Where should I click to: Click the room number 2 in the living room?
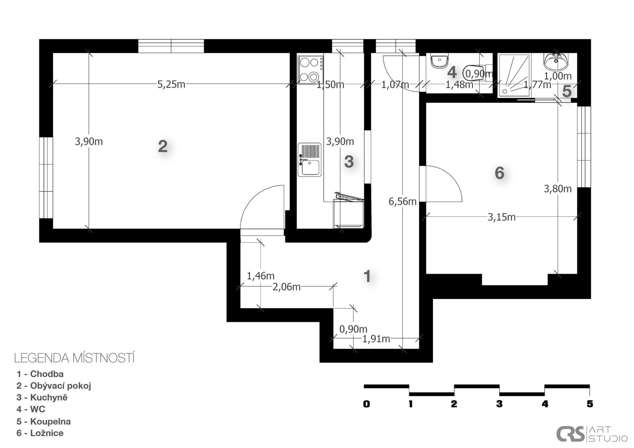(162, 146)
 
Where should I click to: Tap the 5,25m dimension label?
(171, 85)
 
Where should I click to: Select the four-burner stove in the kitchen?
(310, 69)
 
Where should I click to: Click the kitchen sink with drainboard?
(309, 160)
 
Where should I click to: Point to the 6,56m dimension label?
(402, 201)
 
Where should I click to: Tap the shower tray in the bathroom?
(514, 76)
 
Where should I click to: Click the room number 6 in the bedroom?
(500, 173)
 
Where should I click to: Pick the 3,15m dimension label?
(502, 217)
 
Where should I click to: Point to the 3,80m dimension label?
(558, 189)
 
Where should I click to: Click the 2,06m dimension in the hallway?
(286, 287)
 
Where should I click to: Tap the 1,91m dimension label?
(376, 339)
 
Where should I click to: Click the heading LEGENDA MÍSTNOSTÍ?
(74, 358)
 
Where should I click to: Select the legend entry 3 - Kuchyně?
(42, 397)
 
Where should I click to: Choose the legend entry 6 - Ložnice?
(40, 433)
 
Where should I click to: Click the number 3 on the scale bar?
(499, 404)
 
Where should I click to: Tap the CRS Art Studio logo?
(592, 434)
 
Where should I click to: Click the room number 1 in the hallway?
(367, 276)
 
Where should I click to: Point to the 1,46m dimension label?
(261, 276)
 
